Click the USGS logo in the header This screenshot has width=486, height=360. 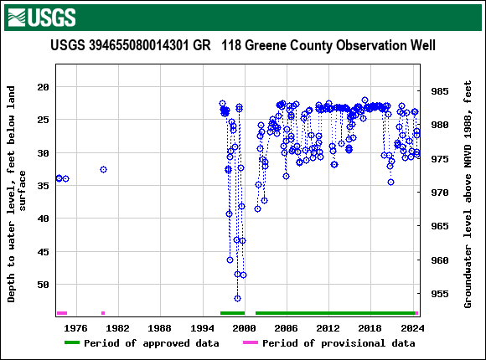tap(40, 17)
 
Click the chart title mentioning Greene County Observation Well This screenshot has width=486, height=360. tap(243, 45)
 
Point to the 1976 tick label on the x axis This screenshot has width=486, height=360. tap(75, 328)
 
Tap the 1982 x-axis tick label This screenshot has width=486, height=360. tap(117, 328)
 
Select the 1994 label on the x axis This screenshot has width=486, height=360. tap(202, 328)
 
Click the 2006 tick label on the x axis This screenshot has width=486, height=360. tap(287, 328)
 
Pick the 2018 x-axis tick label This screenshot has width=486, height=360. tap(370, 328)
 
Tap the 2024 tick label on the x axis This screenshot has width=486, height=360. tap(412, 328)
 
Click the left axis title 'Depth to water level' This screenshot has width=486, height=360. tap(18, 193)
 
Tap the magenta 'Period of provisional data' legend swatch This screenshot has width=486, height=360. tap(250, 343)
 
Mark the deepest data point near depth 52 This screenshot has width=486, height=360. tap(237, 298)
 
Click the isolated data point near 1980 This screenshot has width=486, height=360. tap(103, 169)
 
